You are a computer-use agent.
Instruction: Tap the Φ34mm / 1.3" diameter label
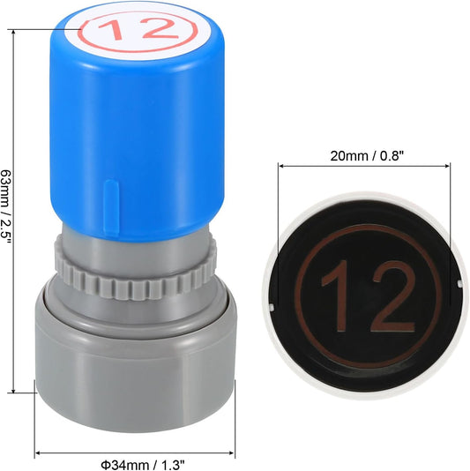tap(142, 466)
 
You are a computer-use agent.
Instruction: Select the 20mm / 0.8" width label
tap(365, 156)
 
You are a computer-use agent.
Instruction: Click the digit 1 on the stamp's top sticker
tap(112, 29)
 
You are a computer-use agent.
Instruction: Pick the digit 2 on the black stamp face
tap(393, 296)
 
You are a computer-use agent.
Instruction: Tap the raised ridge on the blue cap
tap(111, 207)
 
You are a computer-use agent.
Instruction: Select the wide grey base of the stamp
tap(136, 366)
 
